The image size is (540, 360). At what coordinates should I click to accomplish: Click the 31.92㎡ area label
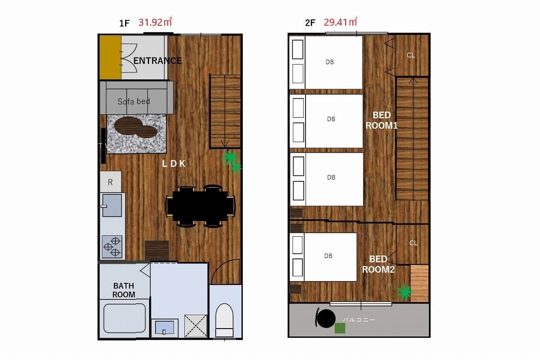[x=155, y=22]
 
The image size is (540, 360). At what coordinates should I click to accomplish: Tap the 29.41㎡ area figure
[x=340, y=22]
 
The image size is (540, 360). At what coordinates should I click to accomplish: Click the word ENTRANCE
[x=157, y=60]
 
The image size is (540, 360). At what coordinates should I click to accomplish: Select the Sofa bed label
[x=134, y=101]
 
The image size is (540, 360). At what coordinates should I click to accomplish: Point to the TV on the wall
[x=103, y=146]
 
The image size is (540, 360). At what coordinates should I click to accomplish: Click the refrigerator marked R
[x=111, y=182]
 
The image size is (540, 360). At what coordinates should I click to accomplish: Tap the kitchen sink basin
[x=112, y=206]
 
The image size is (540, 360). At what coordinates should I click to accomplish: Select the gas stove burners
[x=112, y=246]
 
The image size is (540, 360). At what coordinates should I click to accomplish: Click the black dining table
[x=200, y=206]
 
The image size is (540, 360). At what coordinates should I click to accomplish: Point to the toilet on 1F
[x=224, y=320]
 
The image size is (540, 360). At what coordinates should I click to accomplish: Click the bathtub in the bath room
[x=124, y=318]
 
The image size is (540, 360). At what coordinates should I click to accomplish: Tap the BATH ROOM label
[x=124, y=290]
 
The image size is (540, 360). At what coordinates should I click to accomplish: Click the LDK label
[x=174, y=164]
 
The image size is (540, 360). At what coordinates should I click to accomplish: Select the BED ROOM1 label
[x=382, y=120]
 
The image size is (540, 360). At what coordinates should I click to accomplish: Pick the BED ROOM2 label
[x=378, y=264]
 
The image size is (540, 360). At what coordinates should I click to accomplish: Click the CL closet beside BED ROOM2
[x=413, y=243]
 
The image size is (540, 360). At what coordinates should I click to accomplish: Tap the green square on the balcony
[x=340, y=328]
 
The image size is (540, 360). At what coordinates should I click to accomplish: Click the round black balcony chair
[x=325, y=318]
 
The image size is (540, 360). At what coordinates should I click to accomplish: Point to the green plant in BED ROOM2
[x=404, y=292]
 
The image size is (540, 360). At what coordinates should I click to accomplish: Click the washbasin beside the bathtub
[x=164, y=328]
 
